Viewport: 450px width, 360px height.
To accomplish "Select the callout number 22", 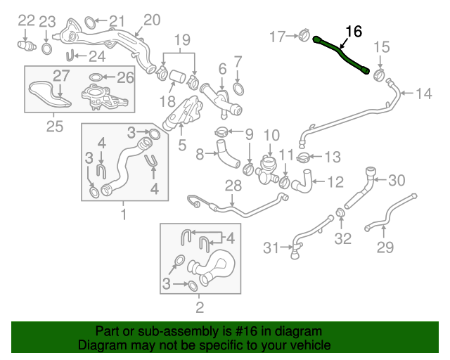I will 26,20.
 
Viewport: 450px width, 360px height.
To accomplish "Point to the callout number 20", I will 152,20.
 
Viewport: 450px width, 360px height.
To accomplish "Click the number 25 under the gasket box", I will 53,127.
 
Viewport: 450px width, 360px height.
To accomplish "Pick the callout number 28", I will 233,185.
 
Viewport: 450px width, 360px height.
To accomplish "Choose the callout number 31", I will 271,247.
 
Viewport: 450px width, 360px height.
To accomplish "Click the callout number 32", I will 342,239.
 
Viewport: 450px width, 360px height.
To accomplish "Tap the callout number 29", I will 385,247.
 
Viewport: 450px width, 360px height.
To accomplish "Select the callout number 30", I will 397,181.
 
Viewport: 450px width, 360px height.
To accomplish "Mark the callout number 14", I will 425,94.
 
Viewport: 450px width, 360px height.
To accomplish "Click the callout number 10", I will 271,134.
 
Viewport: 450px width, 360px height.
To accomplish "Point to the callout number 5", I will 181,146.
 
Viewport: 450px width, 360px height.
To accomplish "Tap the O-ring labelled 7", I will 238,89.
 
